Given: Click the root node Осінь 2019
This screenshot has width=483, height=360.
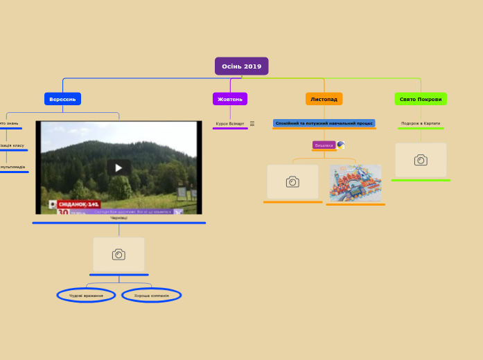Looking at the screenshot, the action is point(241,66).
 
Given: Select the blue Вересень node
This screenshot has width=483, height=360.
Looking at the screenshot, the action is point(62,99).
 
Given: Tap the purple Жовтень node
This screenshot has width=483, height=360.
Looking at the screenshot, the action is point(230,99).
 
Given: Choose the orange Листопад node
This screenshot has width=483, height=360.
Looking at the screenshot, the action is point(324,99).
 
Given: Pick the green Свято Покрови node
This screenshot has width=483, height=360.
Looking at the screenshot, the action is point(421,99).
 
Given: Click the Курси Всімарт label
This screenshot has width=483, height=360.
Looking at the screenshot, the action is point(230,124).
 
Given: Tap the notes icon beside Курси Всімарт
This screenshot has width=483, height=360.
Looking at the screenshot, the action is point(252,124).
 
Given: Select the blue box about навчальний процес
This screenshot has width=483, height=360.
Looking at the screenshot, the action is point(324,123).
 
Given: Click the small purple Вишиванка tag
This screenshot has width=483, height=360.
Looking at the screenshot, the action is point(324,145).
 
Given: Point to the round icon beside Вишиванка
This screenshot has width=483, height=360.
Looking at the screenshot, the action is point(340,145).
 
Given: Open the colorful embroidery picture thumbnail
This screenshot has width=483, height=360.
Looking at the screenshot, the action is point(355,183).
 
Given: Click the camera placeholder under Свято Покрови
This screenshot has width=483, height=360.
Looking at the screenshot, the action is point(421,160).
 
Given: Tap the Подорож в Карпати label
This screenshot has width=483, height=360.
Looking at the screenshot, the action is point(421,123).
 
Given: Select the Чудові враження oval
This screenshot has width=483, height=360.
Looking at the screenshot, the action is point(86,296).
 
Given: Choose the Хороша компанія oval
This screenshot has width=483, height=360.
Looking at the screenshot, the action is point(152,296).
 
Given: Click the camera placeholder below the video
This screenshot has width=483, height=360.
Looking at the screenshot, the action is point(118,254).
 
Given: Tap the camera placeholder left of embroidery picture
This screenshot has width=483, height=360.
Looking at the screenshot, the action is point(292,181).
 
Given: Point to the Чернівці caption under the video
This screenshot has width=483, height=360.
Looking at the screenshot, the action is point(118,218).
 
